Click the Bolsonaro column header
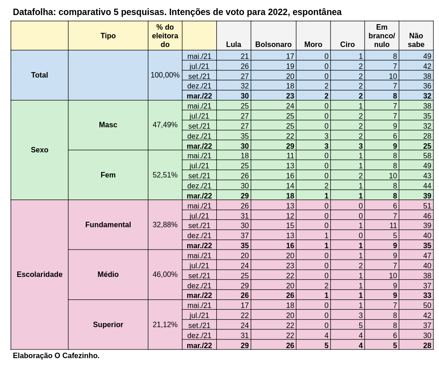point(273,44)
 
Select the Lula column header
point(234,44)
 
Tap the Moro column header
point(313,44)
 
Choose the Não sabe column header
point(416,40)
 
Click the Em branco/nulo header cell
point(382,36)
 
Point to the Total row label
point(40,75)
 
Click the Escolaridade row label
point(40,274)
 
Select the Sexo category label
point(40,150)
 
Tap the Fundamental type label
point(108,224)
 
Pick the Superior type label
point(108,324)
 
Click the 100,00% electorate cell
point(165,75)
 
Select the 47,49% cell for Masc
point(165,125)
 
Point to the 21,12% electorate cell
point(165,324)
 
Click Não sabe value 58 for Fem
point(427,156)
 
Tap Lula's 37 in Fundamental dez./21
point(245,235)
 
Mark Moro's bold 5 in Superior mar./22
point(326,345)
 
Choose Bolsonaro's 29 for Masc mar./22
point(290,146)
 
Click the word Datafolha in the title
point(34,12)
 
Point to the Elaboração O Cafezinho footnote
point(56,355)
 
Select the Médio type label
point(108,274)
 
